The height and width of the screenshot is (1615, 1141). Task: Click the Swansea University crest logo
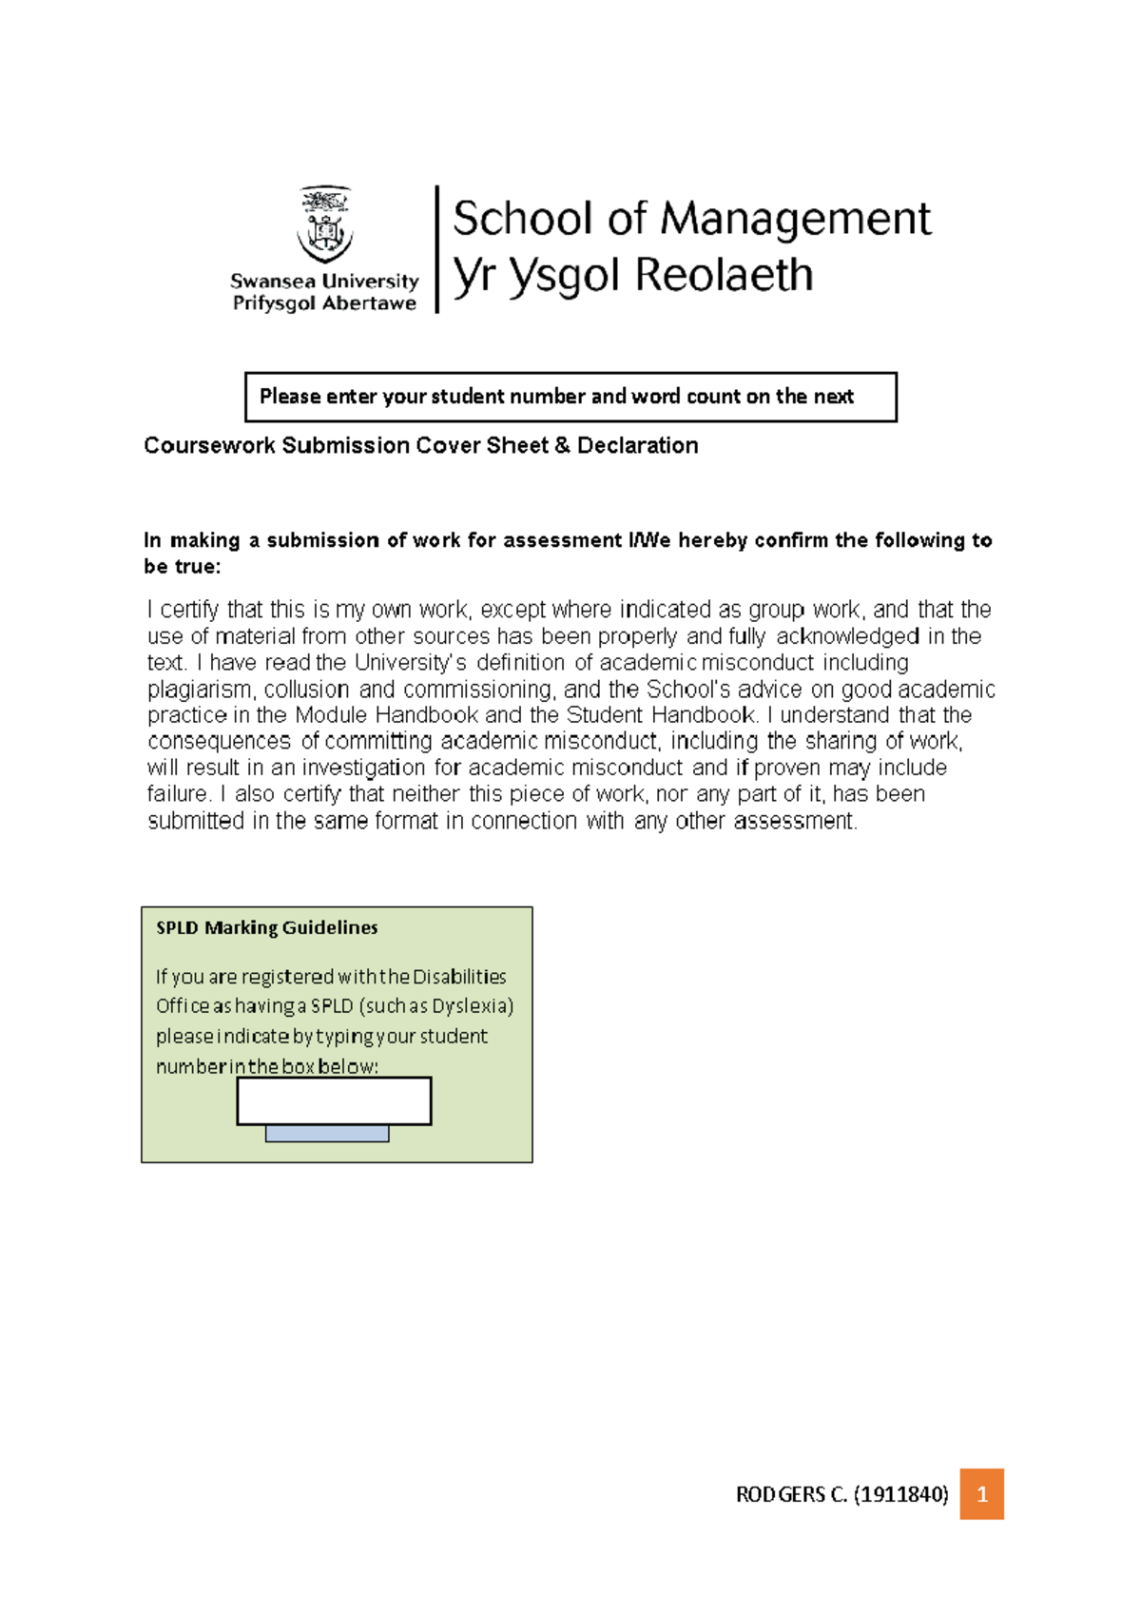pos(325,225)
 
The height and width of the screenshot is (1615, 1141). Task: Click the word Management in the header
pos(795,220)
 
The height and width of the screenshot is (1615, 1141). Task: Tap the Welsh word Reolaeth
pos(724,276)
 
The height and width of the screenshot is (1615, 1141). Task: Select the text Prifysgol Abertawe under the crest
pos(324,303)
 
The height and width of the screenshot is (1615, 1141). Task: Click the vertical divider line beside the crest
pos(436,249)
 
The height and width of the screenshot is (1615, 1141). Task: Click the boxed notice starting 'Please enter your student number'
pos(570,397)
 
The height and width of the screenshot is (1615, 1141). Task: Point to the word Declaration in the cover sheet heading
pos(637,445)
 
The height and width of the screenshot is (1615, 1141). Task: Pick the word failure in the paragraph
pos(177,794)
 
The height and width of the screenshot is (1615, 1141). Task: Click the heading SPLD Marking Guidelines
pos(267,927)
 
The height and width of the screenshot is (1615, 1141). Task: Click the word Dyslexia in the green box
pos(469,1006)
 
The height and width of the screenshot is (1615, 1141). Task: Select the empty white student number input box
pos(334,1100)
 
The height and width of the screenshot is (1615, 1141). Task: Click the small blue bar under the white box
pos(327,1133)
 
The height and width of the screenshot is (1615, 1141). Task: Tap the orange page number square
pos(981,1494)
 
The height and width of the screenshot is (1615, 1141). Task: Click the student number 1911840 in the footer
pos(900,1495)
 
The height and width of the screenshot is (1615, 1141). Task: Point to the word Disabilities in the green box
pos(459,977)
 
